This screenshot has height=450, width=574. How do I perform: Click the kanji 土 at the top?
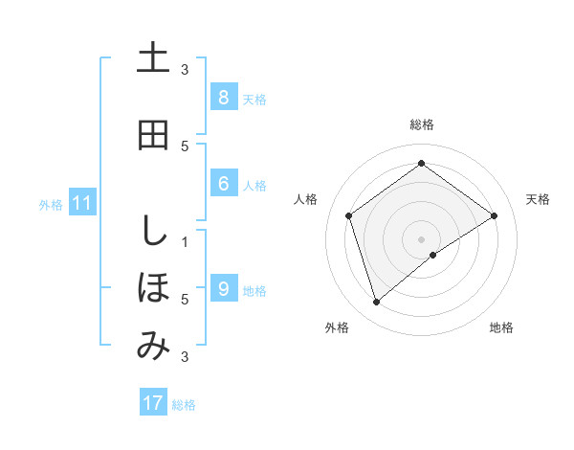pyautogui.click(x=153, y=58)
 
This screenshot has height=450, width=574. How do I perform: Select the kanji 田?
pyautogui.click(x=153, y=136)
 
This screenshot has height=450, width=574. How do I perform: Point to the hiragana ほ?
pyautogui.click(x=153, y=288)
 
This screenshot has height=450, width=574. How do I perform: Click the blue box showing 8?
pyautogui.click(x=223, y=97)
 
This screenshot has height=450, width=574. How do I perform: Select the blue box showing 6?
pyautogui.click(x=223, y=184)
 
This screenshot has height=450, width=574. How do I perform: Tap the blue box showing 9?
pyautogui.click(x=223, y=289)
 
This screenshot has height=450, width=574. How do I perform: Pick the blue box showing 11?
pyautogui.click(x=82, y=203)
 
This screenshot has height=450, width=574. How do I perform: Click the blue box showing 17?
pyautogui.click(x=153, y=403)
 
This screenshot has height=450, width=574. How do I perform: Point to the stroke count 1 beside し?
pyautogui.click(x=185, y=241)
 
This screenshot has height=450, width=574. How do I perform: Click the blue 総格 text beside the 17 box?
pyautogui.click(x=184, y=405)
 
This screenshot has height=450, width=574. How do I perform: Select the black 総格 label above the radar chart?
pyautogui.click(x=422, y=124)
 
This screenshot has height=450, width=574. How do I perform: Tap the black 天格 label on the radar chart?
pyautogui.click(x=538, y=199)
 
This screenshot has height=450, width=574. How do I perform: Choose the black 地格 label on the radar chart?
pyautogui.click(x=501, y=327)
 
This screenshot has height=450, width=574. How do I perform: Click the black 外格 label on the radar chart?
pyautogui.click(x=337, y=327)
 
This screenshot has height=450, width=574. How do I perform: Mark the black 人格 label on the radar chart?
pyautogui.click(x=305, y=199)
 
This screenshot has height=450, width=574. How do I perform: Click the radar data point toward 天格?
pyautogui.click(x=494, y=215)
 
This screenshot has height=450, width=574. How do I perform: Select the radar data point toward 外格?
pyautogui.click(x=377, y=303)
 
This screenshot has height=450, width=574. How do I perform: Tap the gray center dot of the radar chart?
pyautogui.click(x=421, y=238)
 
